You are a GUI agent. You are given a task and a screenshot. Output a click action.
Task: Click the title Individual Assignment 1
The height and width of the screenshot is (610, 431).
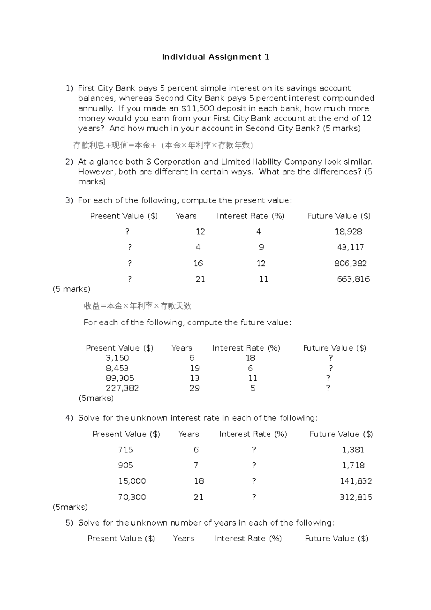click(215, 57)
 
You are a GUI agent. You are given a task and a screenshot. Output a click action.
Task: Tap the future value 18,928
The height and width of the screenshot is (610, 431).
click(348, 232)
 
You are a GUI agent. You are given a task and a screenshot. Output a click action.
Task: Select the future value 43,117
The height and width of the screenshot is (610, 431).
click(350, 247)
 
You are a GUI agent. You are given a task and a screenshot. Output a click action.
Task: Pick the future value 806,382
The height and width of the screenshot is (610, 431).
click(350, 263)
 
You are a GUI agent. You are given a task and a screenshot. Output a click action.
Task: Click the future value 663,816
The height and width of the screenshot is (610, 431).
click(353, 279)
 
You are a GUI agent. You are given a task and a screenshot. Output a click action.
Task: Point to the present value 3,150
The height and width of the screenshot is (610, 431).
click(117, 358)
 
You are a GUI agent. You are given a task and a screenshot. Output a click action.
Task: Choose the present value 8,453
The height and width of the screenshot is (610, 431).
click(117, 368)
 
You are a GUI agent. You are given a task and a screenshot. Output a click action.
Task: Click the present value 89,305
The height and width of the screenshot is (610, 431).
click(120, 378)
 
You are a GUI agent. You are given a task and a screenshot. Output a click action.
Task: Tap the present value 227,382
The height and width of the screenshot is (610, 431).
click(122, 388)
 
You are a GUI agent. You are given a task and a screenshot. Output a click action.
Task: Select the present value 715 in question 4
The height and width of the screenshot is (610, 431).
click(125, 450)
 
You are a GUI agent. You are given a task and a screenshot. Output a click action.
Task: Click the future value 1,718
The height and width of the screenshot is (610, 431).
click(353, 466)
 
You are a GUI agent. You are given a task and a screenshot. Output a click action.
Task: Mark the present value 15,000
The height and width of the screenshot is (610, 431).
click(132, 481)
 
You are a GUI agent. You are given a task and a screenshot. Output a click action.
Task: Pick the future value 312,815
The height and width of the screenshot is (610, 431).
click(356, 497)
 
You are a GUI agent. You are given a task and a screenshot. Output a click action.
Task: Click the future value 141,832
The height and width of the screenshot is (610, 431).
click(356, 481)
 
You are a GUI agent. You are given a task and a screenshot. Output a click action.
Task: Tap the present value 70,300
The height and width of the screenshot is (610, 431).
click(132, 497)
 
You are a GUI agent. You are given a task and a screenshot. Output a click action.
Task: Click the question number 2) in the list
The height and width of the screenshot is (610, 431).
click(69, 162)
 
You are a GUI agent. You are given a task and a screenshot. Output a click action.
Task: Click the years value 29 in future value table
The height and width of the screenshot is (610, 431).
click(194, 388)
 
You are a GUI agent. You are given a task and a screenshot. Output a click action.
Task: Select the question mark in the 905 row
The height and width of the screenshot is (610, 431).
click(254, 466)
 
